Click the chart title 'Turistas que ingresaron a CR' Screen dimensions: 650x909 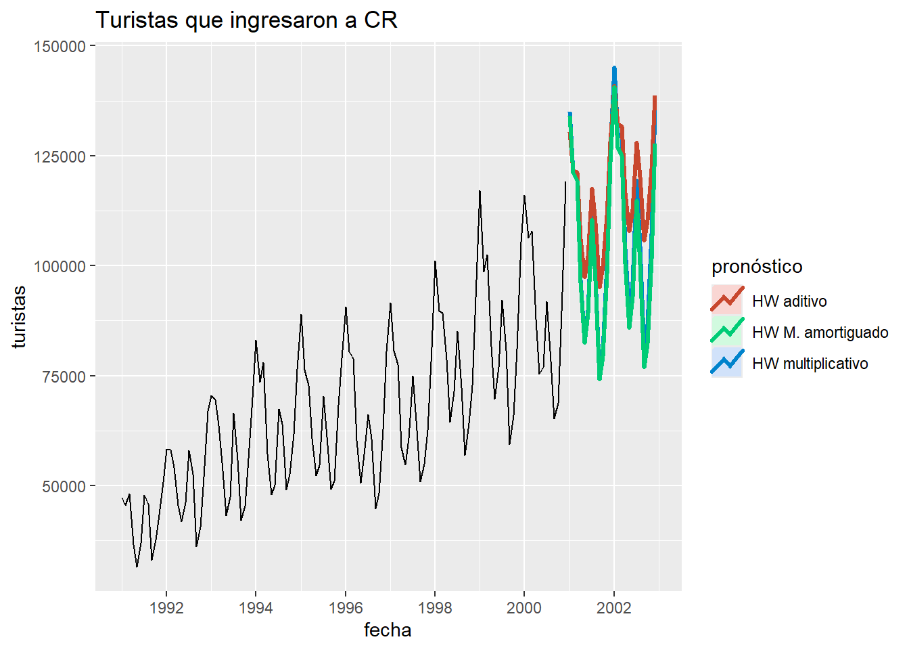(x=246, y=20)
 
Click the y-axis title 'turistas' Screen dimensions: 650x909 (x=19, y=317)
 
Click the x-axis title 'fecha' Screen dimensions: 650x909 (x=388, y=630)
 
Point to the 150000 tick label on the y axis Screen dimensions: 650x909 (x=60, y=46)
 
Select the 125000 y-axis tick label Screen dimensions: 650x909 (x=60, y=156)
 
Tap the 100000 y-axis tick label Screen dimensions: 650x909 (x=60, y=266)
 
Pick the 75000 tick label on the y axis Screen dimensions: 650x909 (x=64, y=376)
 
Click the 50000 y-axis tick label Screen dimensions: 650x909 (x=64, y=486)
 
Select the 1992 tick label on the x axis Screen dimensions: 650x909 (x=166, y=608)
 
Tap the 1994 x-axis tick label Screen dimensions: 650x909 (x=256, y=608)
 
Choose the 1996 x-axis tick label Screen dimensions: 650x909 (x=345, y=608)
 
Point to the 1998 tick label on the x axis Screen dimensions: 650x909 (x=435, y=608)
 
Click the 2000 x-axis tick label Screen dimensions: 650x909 (x=524, y=608)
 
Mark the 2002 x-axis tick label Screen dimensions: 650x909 (x=613, y=608)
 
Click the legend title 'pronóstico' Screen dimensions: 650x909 (x=757, y=267)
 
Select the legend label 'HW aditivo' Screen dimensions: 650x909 (x=789, y=301)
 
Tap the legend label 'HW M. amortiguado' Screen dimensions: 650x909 (x=820, y=332)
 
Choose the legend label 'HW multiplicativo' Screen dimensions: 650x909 (x=810, y=364)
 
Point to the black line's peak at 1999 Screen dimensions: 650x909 (x=480, y=191)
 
